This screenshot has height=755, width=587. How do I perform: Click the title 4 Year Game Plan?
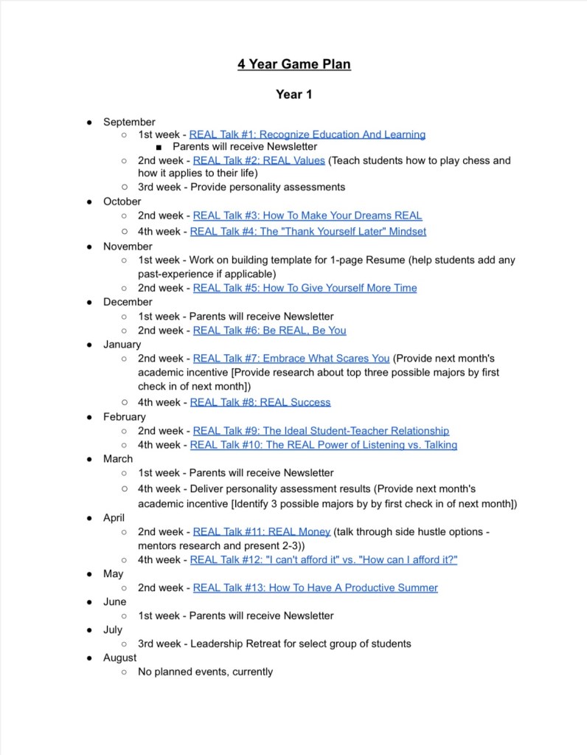click(x=293, y=64)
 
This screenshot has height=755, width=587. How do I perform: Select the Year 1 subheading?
click(x=293, y=94)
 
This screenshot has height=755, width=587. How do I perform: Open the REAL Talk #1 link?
click(x=307, y=134)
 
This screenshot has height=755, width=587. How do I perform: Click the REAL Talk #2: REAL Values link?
click(x=258, y=160)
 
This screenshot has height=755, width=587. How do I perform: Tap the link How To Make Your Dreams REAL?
click(x=308, y=216)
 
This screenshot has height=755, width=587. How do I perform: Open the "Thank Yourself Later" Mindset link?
click(x=308, y=231)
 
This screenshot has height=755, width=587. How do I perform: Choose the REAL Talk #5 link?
click(x=305, y=288)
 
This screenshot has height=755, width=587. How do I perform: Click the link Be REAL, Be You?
click(x=269, y=330)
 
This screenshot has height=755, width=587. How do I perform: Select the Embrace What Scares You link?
click(x=291, y=358)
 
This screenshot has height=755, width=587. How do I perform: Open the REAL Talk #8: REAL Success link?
click(x=260, y=402)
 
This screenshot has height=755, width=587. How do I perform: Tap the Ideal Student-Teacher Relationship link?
click(x=321, y=430)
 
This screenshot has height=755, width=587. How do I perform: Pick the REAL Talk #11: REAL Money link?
click(x=261, y=531)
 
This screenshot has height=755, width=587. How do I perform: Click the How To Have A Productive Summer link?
click(x=315, y=587)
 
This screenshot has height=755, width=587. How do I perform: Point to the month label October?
click(x=122, y=201)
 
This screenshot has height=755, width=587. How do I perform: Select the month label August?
click(x=119, y=657)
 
